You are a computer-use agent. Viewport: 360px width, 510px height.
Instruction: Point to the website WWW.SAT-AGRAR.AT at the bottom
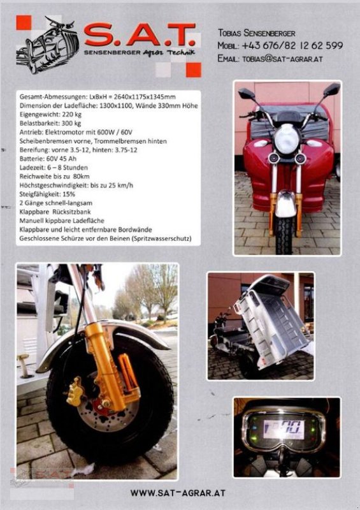click(177, 493)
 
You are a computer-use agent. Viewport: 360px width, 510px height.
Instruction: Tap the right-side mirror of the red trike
click(331, 90)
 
